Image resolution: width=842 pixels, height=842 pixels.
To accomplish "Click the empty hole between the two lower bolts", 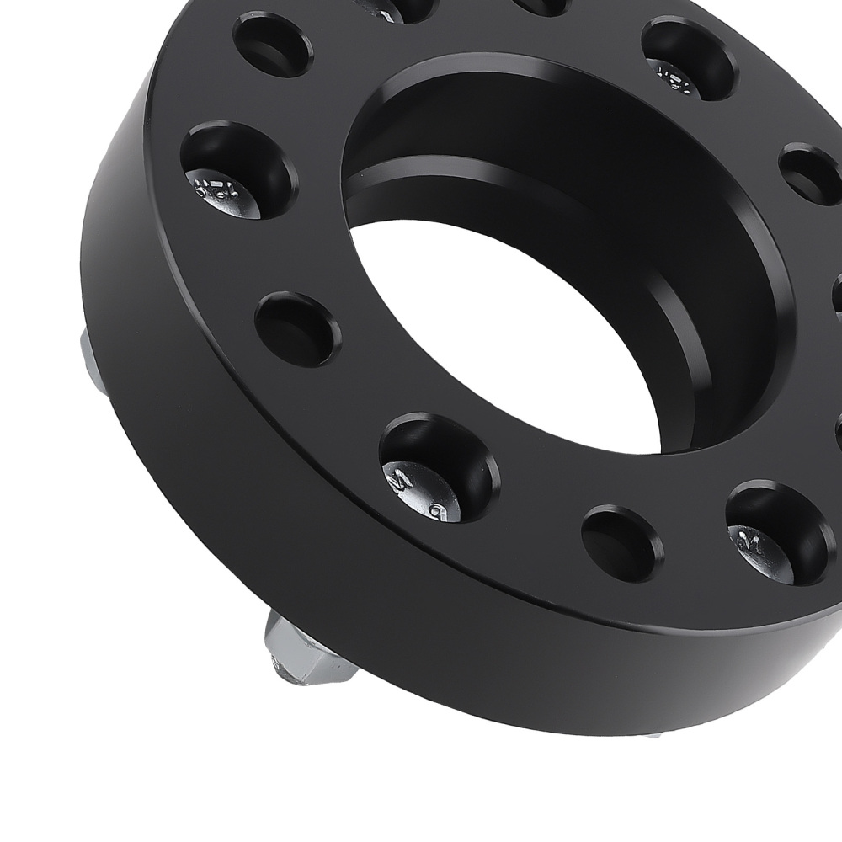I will pyautogui.click(x=621, y=542).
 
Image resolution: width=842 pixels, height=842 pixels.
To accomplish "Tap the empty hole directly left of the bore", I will pyautogui.click(x=297, y=328).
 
